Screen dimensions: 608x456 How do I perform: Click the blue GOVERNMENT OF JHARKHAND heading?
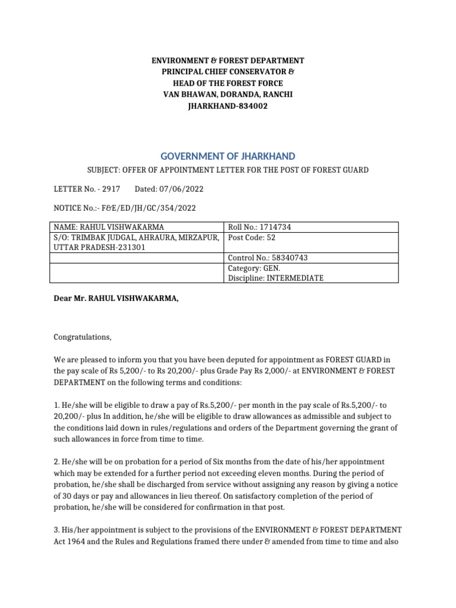(227, 156)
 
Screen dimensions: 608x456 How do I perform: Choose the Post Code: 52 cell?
(252, 237)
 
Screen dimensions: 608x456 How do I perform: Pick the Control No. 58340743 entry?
(268, 258)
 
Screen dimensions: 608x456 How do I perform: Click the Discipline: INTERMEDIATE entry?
(275, 278)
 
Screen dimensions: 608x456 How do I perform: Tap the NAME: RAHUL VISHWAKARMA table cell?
(109, 227)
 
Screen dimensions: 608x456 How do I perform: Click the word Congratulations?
(83, 337)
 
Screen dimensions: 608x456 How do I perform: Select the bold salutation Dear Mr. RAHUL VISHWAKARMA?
(116, 298)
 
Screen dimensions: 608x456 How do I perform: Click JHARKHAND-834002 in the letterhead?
(227, 106)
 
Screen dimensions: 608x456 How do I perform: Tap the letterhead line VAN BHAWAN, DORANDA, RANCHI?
(227, 94)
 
